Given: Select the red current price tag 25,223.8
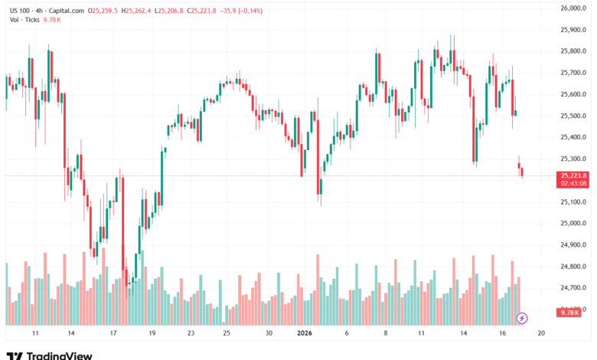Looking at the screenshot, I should pos(573,175).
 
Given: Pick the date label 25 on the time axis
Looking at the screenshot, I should pos(227,334).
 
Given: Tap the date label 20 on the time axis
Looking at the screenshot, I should pos(541,334).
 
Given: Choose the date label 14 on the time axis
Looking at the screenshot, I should pos(70,334).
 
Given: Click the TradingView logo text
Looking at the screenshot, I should pos(59,355).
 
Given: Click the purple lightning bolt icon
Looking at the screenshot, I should pos(522,318).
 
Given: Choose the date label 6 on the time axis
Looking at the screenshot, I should pos(347,334).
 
